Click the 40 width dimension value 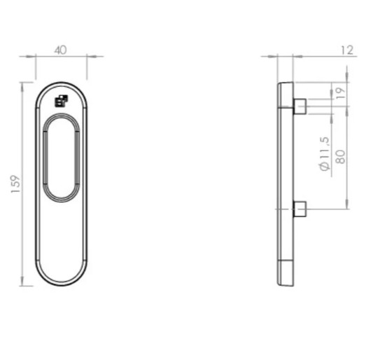61,50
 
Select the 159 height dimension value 16,184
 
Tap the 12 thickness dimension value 347,50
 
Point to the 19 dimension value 340,93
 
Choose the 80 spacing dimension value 340,156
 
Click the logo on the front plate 62,101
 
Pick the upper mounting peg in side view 300,106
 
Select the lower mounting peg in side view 300,209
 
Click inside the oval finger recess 62,158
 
